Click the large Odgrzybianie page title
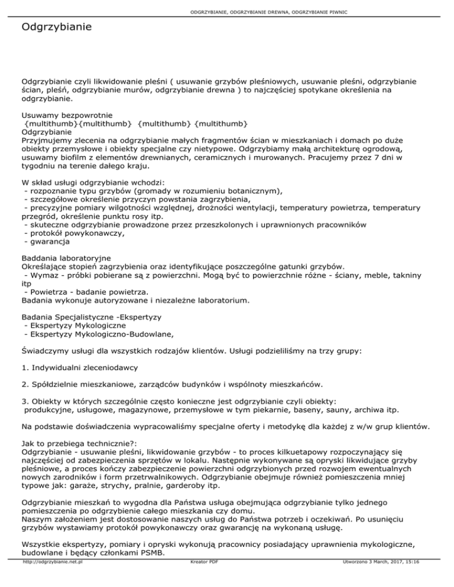tap(56, 28)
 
